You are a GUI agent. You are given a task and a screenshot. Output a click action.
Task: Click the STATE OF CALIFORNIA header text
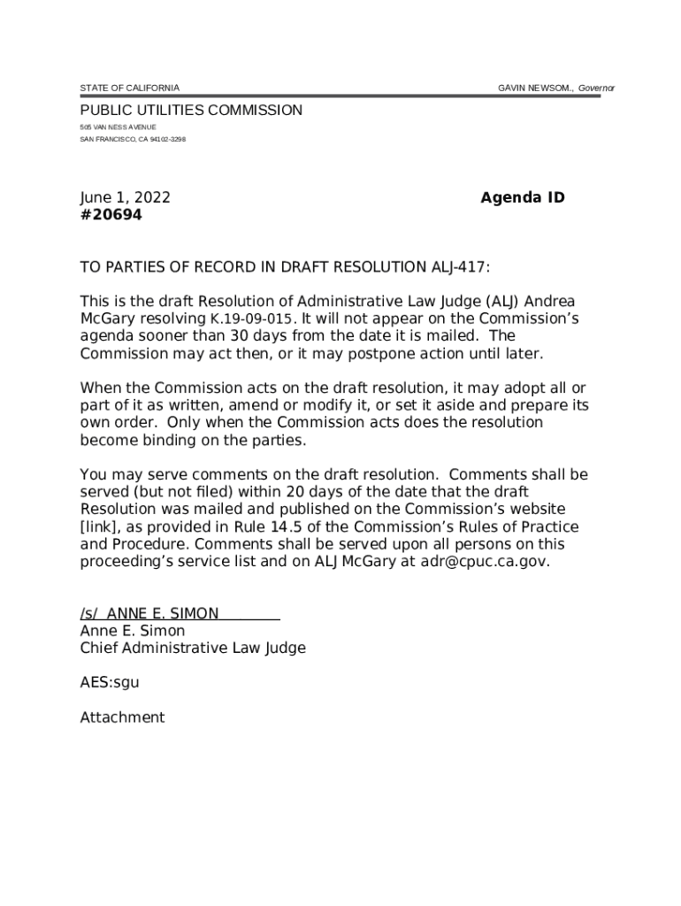click(x=129, y=88)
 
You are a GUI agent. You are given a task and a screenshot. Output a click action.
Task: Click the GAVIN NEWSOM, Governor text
click(x=555, y=88)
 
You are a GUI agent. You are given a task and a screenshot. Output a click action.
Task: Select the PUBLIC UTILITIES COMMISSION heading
click(x=191, y=111)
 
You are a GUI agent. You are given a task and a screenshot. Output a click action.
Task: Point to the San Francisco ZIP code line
click(x=133, y=140)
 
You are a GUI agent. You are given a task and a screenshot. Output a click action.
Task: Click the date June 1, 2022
click(x=125, y=198)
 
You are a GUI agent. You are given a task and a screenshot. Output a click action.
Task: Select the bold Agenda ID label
click(x=522, y=198)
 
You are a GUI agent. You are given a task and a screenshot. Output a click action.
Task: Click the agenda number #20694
click(x=111, y=215)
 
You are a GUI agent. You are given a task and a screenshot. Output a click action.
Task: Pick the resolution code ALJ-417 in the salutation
click(x=457, y=267)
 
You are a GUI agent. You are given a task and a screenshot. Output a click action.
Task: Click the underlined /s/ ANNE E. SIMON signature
click(x=180, y=613)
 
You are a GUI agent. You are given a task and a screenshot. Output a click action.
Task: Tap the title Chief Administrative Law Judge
click(x=193, y=648)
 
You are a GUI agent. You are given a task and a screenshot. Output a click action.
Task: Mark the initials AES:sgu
click(x=110, y=682)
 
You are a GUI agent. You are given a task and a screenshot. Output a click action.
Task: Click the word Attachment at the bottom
click(x=122, y=718)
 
